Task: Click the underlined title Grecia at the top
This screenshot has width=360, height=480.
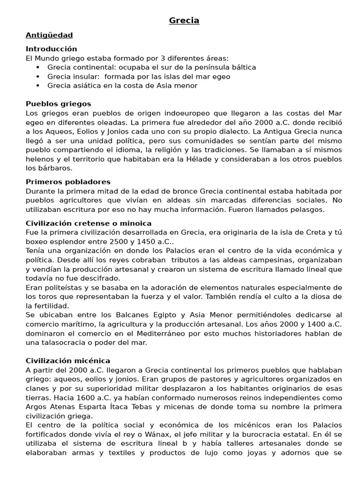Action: coord(184,20)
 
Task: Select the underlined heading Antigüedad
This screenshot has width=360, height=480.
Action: coord(49,35)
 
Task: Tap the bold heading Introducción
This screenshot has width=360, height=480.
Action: coord(51,49)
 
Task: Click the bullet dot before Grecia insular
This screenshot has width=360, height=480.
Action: coord(37,76)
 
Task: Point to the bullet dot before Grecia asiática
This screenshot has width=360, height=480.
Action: coord(37,85)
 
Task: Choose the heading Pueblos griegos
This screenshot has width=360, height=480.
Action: coord(58,104)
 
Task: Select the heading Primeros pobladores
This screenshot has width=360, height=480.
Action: coord(68,181)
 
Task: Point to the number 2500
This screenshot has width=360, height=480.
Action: coord(103,241)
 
